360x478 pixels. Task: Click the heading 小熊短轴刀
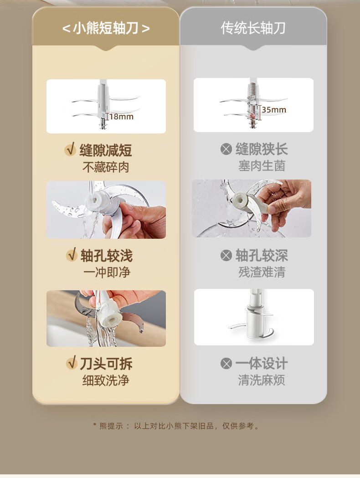click(x=106, y=28)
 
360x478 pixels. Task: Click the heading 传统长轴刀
click(x=253, y=28)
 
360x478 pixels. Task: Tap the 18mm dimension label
click(x=121, y=117)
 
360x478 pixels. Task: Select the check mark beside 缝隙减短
click(x=71, y=149)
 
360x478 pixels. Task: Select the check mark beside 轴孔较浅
click(x=72, y=255)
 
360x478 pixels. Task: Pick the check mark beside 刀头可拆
click(x=72, y=363)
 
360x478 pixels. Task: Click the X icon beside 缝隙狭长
click(x=226, y=149)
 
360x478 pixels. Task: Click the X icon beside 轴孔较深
click(x=226, y=255)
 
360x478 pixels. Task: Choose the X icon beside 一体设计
click(x=226, y=363)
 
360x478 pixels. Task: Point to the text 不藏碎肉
click(x=106, y=167)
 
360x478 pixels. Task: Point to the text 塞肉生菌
click(x=262, y=166)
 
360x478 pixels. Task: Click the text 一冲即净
click(x=107, y=272)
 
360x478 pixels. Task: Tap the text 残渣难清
click(x=262, y=272)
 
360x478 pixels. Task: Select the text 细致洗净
click(x=106, y=380)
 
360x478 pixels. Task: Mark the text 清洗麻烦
click(x=262, y=380)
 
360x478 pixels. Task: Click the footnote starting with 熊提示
click(x=176, y=426)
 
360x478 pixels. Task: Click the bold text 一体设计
click(x=262, y=363)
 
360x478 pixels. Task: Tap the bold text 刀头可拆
click(x=106, y=363)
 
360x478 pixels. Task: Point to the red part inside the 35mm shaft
click(x=253, y=115)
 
